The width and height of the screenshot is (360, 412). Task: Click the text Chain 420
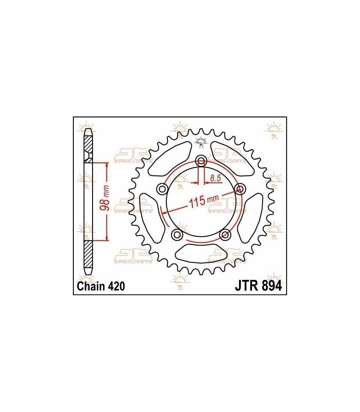tap(101, 286)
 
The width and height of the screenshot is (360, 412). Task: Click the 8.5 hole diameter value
tap(216, 178)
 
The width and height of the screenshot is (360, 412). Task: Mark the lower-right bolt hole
tap(225, 235)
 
